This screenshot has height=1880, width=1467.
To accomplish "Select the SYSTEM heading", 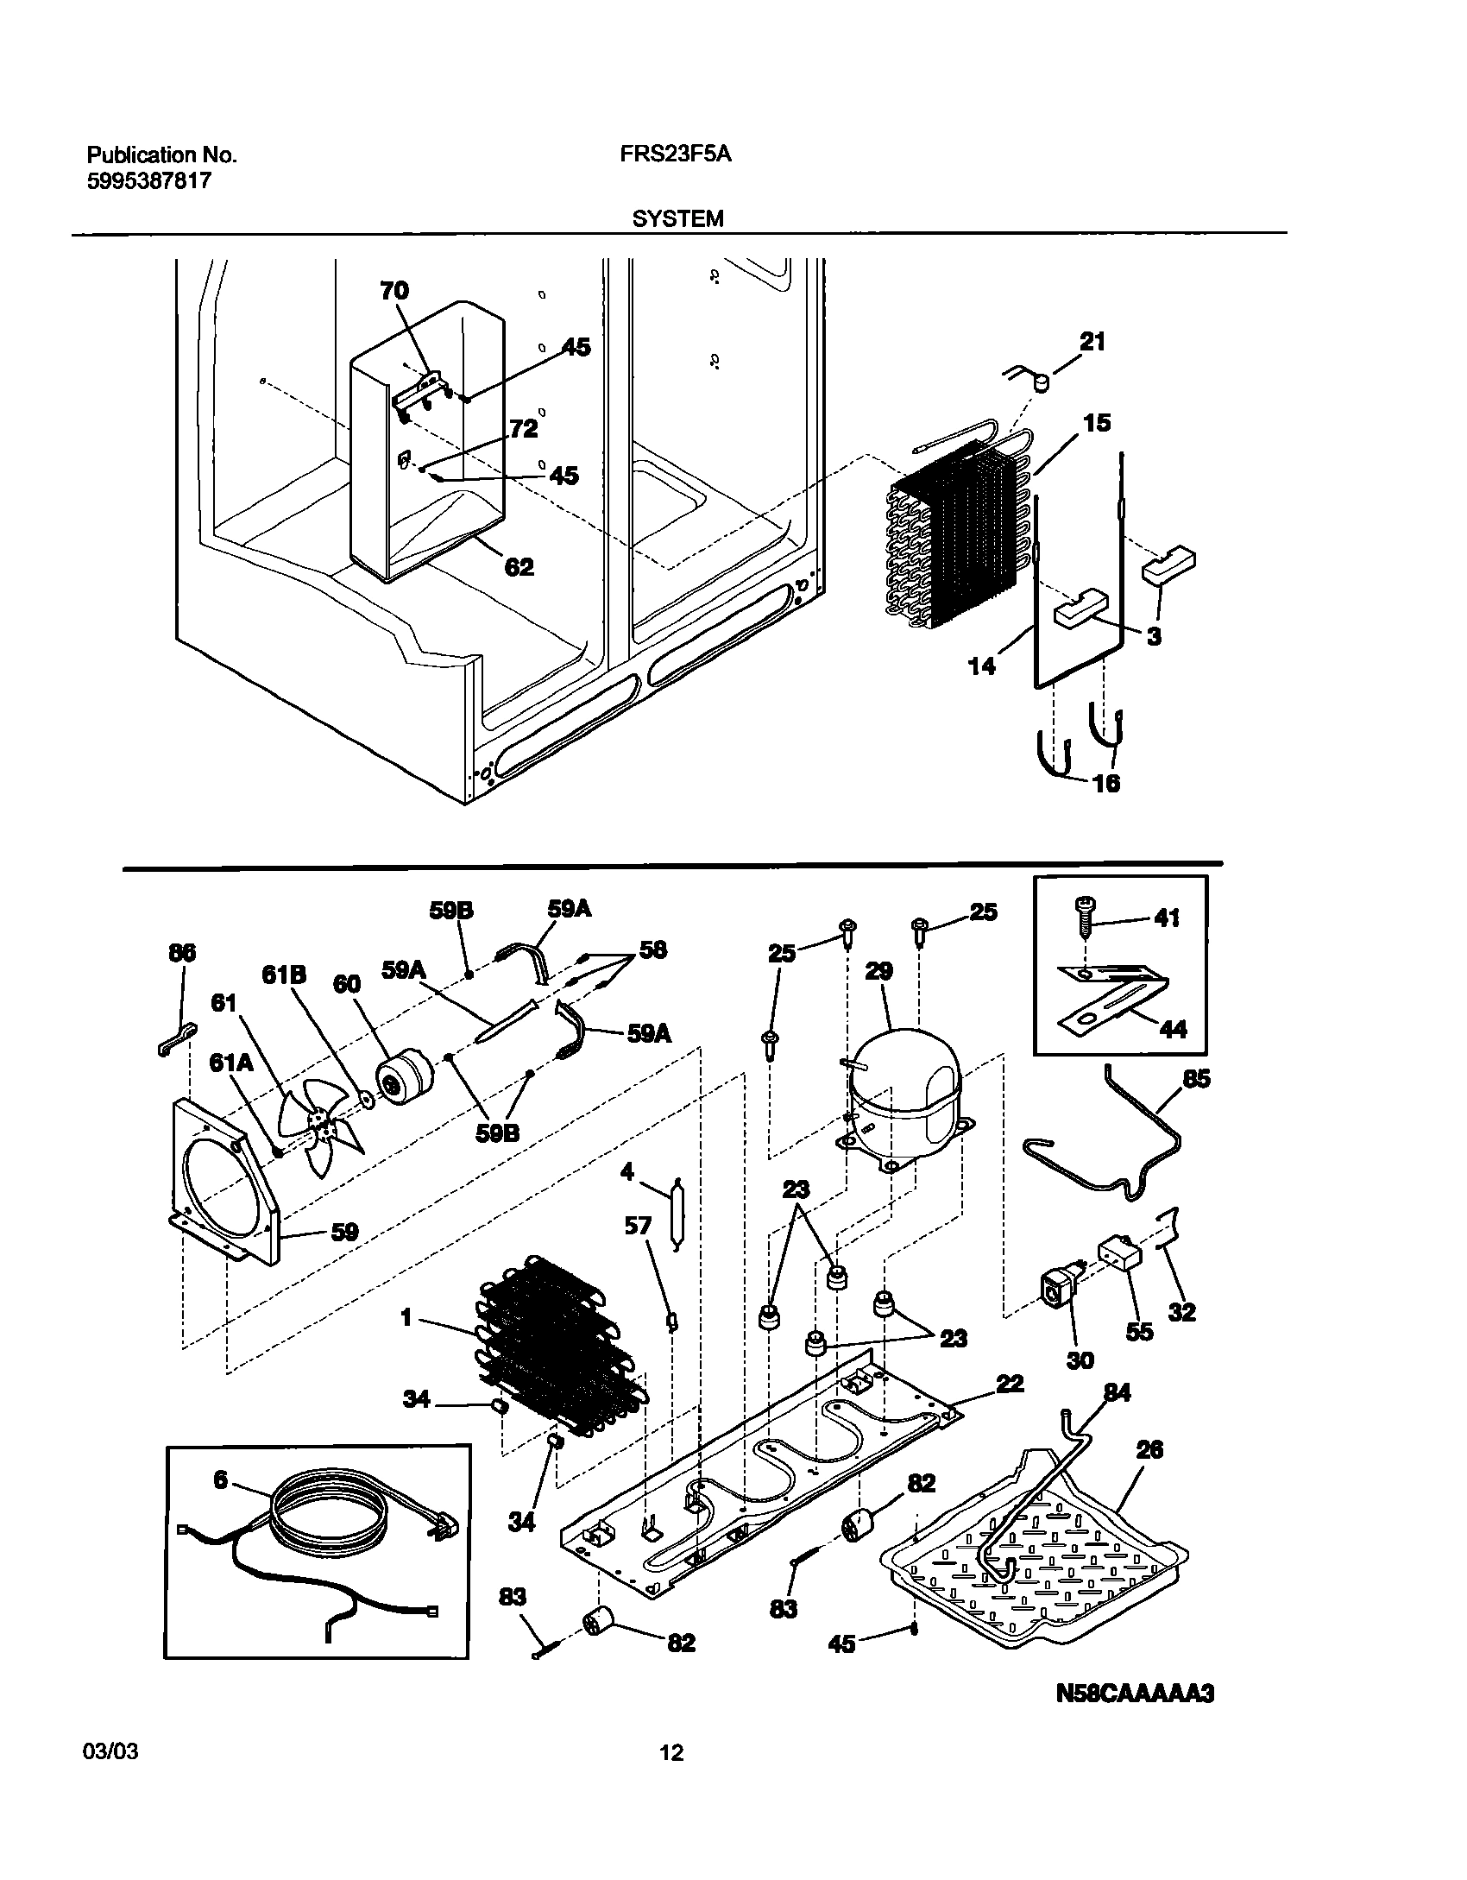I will [x=677, y=218].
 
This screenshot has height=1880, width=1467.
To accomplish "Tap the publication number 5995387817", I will [x=148, y=181].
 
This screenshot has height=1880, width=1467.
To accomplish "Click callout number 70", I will [x=394, y=291].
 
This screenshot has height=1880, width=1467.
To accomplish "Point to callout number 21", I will [x=1092, y=343].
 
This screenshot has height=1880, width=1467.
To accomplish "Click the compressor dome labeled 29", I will [x=904, y=1088].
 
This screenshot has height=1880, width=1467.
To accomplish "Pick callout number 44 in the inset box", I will [x=1173, y=1029].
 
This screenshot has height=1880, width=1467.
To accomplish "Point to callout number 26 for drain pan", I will [x=1149, y=1449].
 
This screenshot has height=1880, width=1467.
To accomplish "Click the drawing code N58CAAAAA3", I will [x=1135, y=1694].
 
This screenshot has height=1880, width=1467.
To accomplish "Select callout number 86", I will [x=182, y=952].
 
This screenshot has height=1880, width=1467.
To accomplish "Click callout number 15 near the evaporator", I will [x=1097, y=423].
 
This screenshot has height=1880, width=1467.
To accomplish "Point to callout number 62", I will [x=519, y=567].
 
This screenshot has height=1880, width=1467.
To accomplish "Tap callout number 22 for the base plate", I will [x=1009, y=1384].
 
